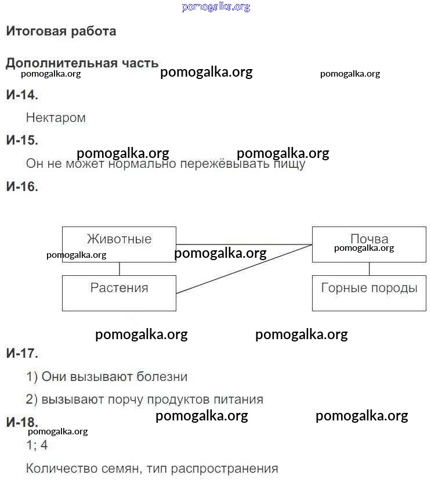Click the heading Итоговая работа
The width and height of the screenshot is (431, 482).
tap(61, 31)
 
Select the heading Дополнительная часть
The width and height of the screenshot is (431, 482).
tap(82, 63)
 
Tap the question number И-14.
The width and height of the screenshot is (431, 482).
tap(22, 95)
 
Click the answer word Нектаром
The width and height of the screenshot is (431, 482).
tap(56, 118)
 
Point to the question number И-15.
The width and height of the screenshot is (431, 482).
tap(22, 141)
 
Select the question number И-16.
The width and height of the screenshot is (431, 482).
tap(22, 187)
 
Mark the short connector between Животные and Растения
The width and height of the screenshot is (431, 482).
tap(119, 269)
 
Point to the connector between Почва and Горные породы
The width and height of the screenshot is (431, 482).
tap(370, 269)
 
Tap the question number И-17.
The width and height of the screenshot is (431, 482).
tap(22, 353)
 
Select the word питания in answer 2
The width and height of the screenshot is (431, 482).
tap(239, 400)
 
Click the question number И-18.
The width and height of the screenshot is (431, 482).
tap(22, 422)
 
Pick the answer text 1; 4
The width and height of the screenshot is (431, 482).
tap(37, 446)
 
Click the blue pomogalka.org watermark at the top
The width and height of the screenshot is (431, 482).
tap(216, 7)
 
